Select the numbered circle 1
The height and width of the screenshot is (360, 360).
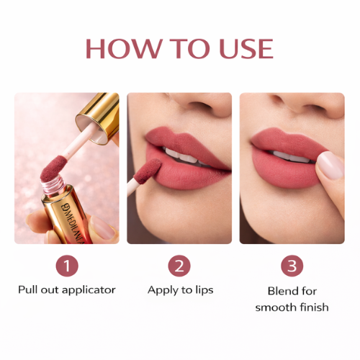coord(66,266)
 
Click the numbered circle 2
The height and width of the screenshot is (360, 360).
coord(179,266)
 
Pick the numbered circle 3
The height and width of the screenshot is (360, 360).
coord(292,266)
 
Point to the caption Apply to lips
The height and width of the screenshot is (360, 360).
coord(179,290)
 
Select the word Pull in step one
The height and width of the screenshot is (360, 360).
coord(28,290)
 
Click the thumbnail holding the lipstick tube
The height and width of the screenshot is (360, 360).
coord(102,229)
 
